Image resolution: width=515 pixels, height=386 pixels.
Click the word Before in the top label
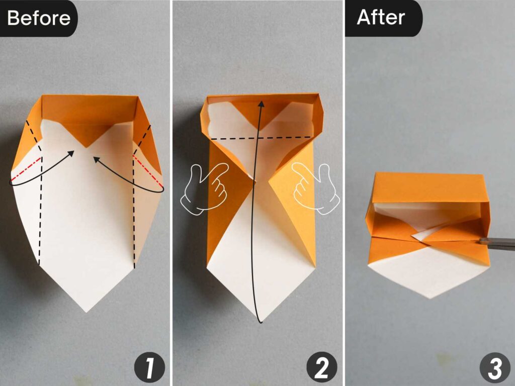39,18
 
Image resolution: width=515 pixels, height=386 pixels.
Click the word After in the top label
381,17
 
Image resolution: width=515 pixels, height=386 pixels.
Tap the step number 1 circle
148,368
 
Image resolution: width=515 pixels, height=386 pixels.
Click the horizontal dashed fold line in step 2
260,138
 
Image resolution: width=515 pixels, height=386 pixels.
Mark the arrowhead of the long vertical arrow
260,102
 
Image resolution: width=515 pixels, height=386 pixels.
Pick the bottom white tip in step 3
429,298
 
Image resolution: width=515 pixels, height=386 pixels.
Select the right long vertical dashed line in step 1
134,211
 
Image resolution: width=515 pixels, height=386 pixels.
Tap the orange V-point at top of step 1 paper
87,146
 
